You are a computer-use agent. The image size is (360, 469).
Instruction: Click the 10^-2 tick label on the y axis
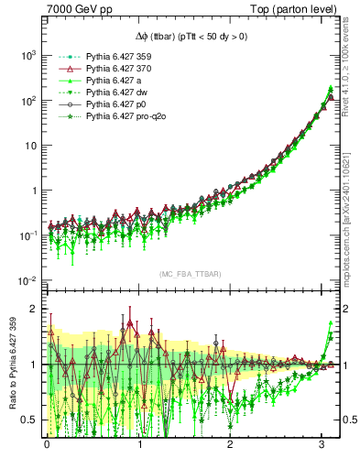25,280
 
